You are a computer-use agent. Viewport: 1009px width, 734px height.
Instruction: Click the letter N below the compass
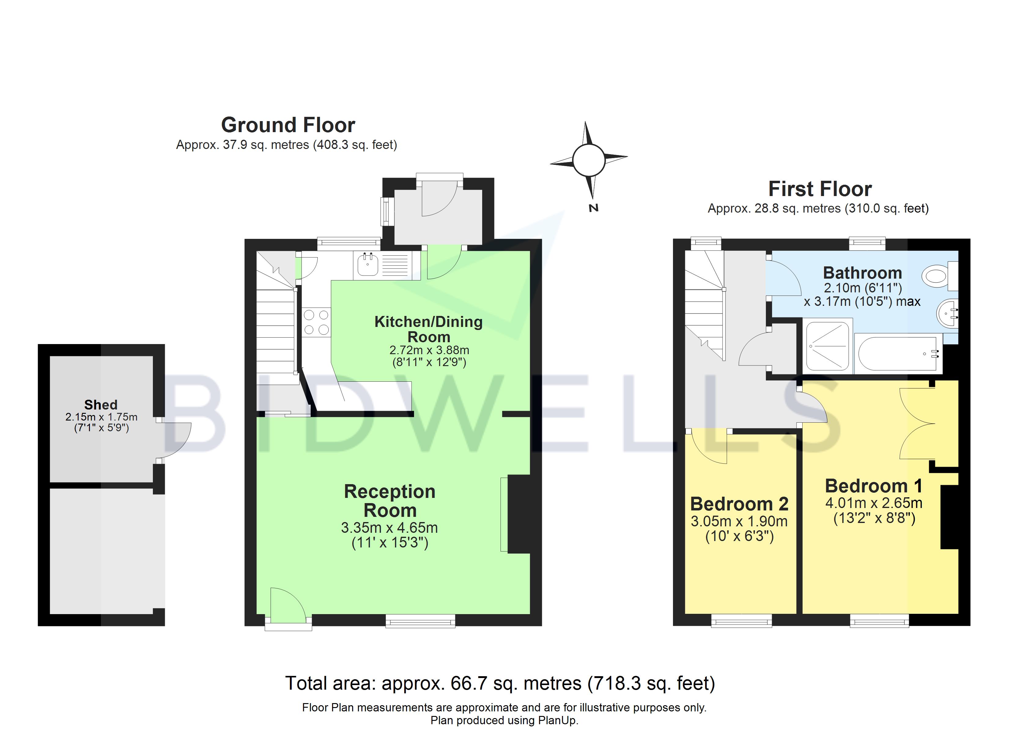[x=593, y=208]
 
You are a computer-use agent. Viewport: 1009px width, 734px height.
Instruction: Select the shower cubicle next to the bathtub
[x=827, y=346]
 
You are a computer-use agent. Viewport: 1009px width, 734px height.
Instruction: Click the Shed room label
[x=101, y=405]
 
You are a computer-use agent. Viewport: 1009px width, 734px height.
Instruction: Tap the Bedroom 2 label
[x=739, y=504]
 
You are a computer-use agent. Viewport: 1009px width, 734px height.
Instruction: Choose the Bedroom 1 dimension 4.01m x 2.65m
[x=873, y=503]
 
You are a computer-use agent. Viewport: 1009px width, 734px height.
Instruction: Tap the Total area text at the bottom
[x=500, y=683]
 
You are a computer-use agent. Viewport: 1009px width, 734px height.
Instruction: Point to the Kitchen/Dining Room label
[x=428, y=329]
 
